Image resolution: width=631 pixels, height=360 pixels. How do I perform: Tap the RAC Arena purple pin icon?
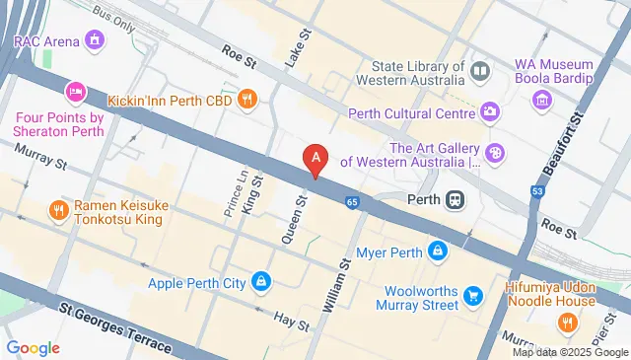tap(95, 40)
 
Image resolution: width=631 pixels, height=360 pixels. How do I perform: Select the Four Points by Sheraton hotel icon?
tap(76, 93)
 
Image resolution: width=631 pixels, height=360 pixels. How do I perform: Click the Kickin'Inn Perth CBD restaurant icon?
tap(246, 99)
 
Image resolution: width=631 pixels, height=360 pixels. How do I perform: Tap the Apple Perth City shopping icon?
tap(259, 283)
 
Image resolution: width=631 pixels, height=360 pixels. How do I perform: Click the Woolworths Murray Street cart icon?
tap(473, 295)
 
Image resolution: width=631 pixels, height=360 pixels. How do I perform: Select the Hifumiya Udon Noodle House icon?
tap(567, 322)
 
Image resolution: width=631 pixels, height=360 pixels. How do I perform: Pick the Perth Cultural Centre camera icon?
tap(490, 110)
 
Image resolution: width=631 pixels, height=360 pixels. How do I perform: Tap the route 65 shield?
tap(352, 202)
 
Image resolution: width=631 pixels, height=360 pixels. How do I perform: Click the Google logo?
tap(33, 347)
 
